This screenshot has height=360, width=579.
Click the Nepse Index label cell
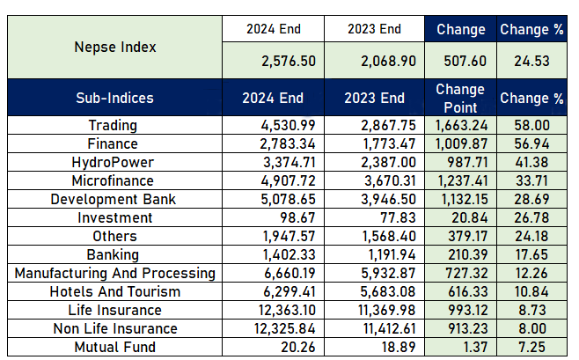[115, 48]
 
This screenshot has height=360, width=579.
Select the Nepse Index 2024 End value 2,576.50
[289, 61]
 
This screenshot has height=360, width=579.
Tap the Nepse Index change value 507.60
[465, 61]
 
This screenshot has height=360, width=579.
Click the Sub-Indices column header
[115, 98]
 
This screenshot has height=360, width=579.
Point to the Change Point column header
[460, 99]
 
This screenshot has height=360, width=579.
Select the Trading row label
[113, 125]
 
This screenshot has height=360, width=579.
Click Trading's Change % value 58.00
[532, 125]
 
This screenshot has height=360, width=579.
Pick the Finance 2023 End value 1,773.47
[389, 143]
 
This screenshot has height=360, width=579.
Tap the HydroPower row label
[113, 163]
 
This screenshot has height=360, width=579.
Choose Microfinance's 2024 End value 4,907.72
[289, 180]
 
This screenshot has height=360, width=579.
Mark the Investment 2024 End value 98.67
[297, 217]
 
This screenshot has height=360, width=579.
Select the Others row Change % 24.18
[532, 236]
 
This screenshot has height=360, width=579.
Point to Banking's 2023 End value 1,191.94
[392, 254]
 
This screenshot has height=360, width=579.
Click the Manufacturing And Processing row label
[115, 273]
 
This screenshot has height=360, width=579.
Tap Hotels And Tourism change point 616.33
[468, 291]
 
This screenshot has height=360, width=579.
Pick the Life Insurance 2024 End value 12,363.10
[287, 310]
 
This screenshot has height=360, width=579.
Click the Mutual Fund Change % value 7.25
[531, 347]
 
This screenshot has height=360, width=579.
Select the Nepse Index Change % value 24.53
[531, 61]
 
